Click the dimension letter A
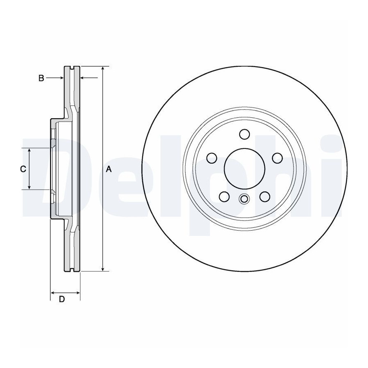pos(108,169)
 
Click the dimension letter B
pos(41,78)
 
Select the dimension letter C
pos(23,169)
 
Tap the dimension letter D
pos(61,299)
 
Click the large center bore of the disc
pos(245,168)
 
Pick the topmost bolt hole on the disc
pos(245,134)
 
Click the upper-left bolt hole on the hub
pos(212,158)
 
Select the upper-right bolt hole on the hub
pos(277,158)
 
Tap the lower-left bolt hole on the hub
pos(224,196)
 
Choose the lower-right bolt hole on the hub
pos(265,196)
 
